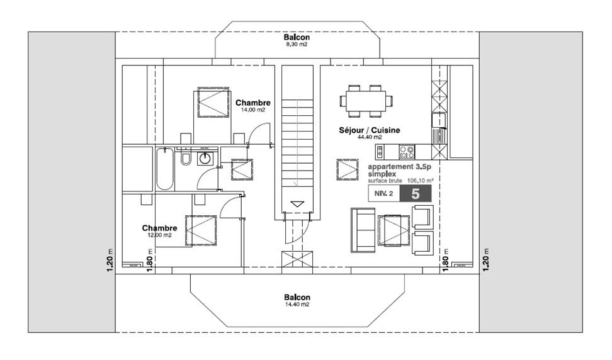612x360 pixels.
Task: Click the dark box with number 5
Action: [416, 193]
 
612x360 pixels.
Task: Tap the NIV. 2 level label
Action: [384, 194]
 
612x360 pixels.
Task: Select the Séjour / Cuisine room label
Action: [370, 130]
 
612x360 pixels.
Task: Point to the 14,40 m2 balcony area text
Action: [297, 304]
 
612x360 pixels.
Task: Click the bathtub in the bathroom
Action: [164, 168]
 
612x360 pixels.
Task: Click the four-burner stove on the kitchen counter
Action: [407, 152]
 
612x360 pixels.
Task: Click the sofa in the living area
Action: [362, 230]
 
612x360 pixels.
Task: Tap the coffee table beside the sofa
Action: [394, 230]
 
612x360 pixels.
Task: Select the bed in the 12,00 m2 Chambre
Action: [196, 230]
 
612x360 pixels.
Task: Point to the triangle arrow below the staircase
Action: [297, 204]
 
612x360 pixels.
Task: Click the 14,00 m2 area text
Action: [252, 110]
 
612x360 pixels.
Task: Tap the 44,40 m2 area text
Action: [370, 137]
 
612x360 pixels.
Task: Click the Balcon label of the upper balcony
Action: [297, 38]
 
